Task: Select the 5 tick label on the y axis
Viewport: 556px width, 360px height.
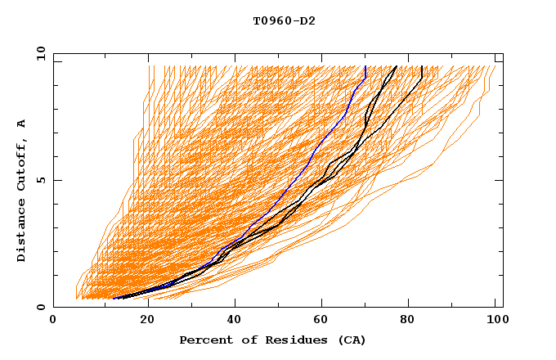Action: [x=39, y=180]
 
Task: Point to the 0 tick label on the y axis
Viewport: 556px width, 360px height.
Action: [x=39, y=308]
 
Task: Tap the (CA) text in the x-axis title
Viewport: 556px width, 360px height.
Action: [x=351, y=340]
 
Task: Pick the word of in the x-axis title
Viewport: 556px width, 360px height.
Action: [x=239, y=340]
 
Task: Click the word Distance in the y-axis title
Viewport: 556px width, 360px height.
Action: [x=21, y=233]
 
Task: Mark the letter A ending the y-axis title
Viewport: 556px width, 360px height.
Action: [x=21, y=124]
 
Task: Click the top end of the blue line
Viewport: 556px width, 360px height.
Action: [x=365, y=66]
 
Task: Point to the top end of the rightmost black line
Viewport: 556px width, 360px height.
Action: [x=421, y=66]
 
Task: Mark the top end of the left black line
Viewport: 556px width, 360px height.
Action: [x=397, y=66]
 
